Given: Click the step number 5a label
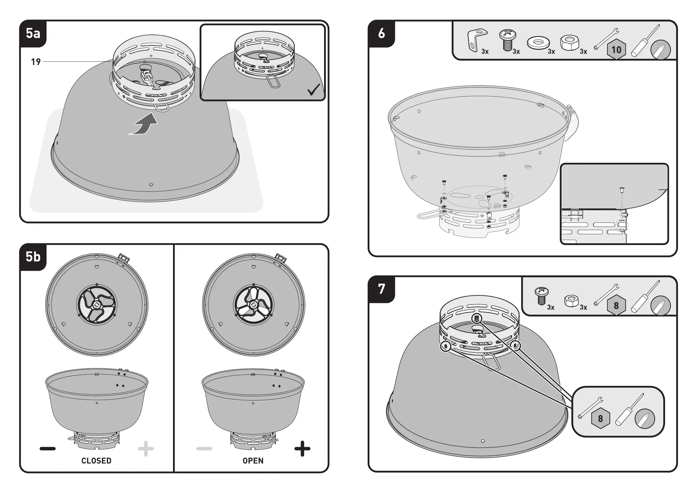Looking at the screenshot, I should (x=33, y=33).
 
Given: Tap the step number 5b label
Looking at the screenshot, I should (x=33, y=257).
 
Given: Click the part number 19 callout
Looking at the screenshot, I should (x=36, y=62).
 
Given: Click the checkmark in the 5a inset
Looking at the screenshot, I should (x=314, y=89).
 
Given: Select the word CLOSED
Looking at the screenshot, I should (x=96, y=461).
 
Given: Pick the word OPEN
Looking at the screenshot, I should (x=253, y=461).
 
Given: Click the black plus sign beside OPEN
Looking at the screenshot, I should (x=302, y=449).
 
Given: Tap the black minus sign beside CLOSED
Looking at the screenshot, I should (x=48, y=449).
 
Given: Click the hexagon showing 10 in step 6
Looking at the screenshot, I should (x=616, y=49).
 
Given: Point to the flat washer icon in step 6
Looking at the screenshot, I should (x=538, y=43).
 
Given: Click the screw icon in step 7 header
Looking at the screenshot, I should (x=541, y=296).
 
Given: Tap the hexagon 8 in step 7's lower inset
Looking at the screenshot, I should (x=600, y=419).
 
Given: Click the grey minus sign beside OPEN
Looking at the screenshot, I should (x=204, y=449).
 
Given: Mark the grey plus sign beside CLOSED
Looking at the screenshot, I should (x=146, y=449).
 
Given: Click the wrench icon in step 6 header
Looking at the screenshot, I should (x=606, y=39).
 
